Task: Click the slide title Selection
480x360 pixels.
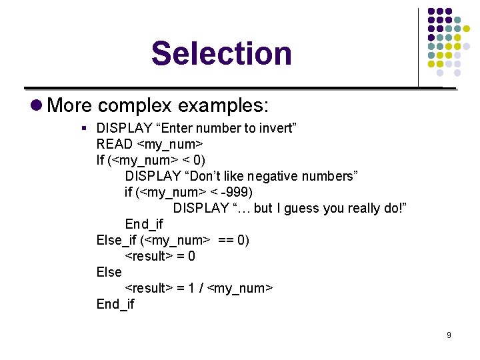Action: (x=221, y=53)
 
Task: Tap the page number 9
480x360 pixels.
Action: (x=449, y=335)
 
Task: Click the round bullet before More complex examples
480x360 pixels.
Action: (x=37, y=105)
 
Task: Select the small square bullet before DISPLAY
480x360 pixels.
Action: (x=84, y=128)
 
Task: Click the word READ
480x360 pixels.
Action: (x=115, y=144)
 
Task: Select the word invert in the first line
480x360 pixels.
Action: (x=279, y=128)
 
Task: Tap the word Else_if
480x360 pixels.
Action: (x=117, y=240)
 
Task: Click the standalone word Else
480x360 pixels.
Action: (x=109, y=272)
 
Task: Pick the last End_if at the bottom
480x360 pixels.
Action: (x=115, y=304)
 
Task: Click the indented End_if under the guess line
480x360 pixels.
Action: (x=143, y=224)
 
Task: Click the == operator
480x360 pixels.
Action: (x=226, y=240)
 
